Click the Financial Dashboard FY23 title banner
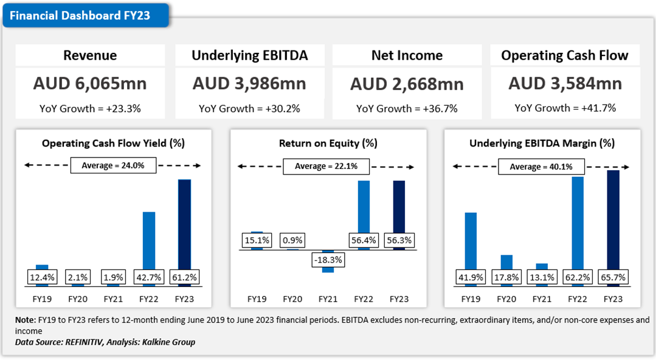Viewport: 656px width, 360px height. coord(85,16)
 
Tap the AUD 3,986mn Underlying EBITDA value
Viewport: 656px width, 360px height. coord(249,83)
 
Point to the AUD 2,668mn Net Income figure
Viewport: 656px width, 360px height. coord(407,83)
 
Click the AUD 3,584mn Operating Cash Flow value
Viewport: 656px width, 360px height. coord(565,83)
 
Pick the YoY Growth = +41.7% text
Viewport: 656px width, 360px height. coord(565,108)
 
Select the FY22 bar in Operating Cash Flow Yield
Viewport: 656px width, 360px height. coord(148,240)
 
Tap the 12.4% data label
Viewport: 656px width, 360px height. coord(42,277)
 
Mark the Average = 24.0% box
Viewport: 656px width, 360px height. coord(114,165)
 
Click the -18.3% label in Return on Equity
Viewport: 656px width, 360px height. coord(328,260)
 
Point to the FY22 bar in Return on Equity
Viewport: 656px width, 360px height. coord(364,207)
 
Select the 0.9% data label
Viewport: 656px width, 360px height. coord(292,240)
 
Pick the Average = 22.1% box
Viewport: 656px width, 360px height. coord(326,166)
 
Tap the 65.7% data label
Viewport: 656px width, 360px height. coord(613,277)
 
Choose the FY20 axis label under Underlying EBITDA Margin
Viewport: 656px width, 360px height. coord(506,299)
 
